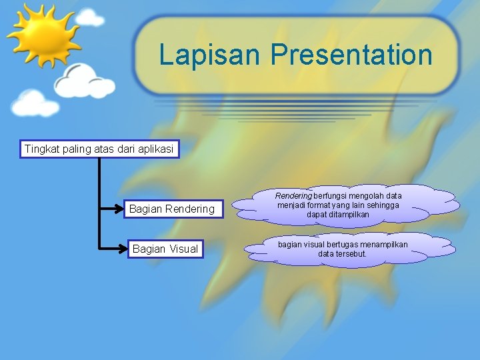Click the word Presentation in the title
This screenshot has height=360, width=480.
351,55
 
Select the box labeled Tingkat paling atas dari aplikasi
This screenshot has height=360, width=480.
99,149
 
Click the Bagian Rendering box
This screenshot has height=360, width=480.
172,209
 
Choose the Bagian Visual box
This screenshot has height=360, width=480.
165,249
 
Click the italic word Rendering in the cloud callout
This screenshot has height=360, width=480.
293,196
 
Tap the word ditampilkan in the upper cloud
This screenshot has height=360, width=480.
347,215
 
